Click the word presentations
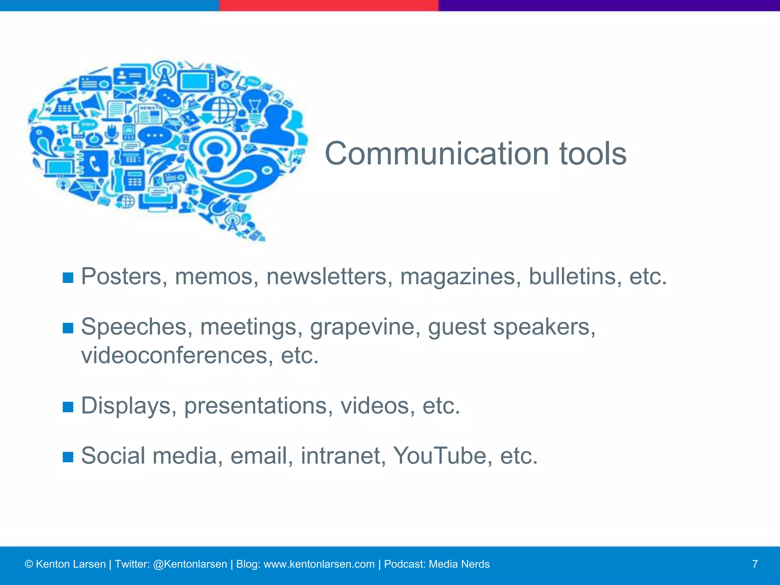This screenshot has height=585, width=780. point(256,406)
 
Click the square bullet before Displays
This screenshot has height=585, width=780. point(68,407)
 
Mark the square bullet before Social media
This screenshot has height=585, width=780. point(68,457)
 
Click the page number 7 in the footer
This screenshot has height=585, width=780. point(754,564)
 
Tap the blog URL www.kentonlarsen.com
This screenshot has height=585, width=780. point(319,564)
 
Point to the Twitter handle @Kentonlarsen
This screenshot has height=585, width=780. point(190,564)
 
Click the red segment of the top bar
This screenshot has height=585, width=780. point(329,5)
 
